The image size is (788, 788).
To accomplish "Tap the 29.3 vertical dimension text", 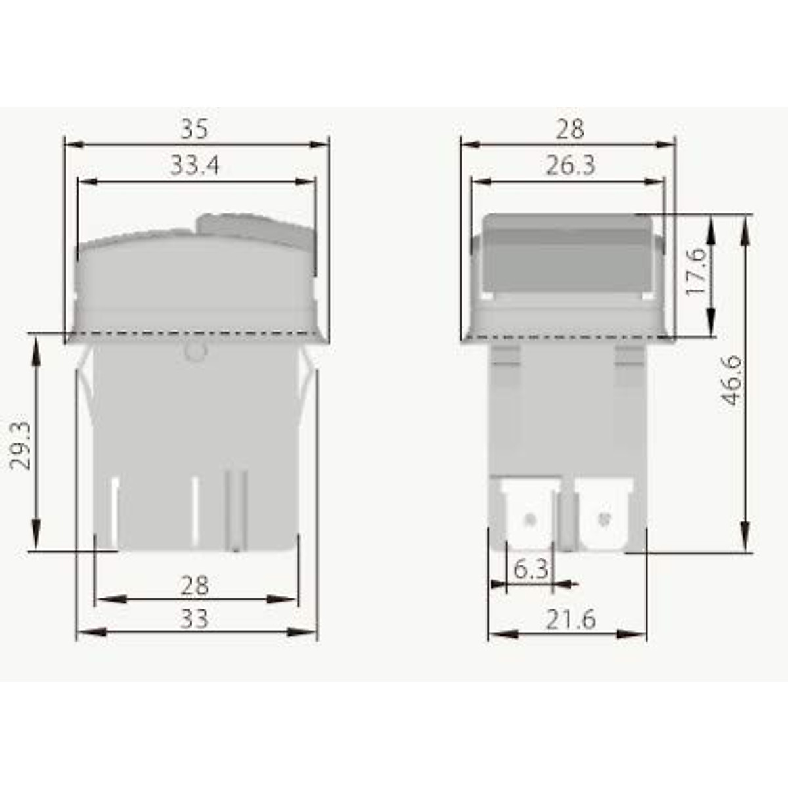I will point(22,445).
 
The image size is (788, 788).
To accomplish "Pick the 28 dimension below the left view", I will point(194,585).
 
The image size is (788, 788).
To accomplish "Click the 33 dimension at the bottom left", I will point(194,619).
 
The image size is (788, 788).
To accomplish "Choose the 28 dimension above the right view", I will point(569,129).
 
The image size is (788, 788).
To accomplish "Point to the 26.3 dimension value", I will point(570,165).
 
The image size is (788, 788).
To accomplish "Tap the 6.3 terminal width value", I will point(530,569).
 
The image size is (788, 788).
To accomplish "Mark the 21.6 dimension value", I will point(570,619).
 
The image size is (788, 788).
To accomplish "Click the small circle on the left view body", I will point(195,352).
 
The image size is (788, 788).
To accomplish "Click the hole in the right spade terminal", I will point(602,520).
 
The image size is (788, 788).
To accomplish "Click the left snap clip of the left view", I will point(84,368).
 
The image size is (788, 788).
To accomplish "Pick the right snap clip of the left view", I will point(307,368).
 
